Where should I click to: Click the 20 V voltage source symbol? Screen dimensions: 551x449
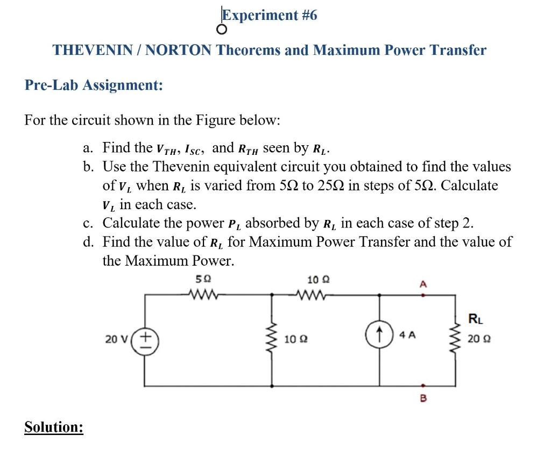pos(146,340)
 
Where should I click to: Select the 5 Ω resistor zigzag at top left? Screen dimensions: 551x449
pos(203,294)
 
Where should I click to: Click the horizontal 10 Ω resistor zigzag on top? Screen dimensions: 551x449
pos(310,294)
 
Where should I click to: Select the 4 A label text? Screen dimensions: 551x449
pos(407,335)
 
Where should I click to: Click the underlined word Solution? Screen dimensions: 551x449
pos(54,427)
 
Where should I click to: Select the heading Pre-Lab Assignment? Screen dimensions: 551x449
pos(94,85)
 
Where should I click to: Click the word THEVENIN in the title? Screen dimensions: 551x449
pos(90,51)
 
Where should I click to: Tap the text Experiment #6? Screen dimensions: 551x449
pos(271,15)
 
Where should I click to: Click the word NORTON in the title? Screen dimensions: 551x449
pos(179,51)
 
